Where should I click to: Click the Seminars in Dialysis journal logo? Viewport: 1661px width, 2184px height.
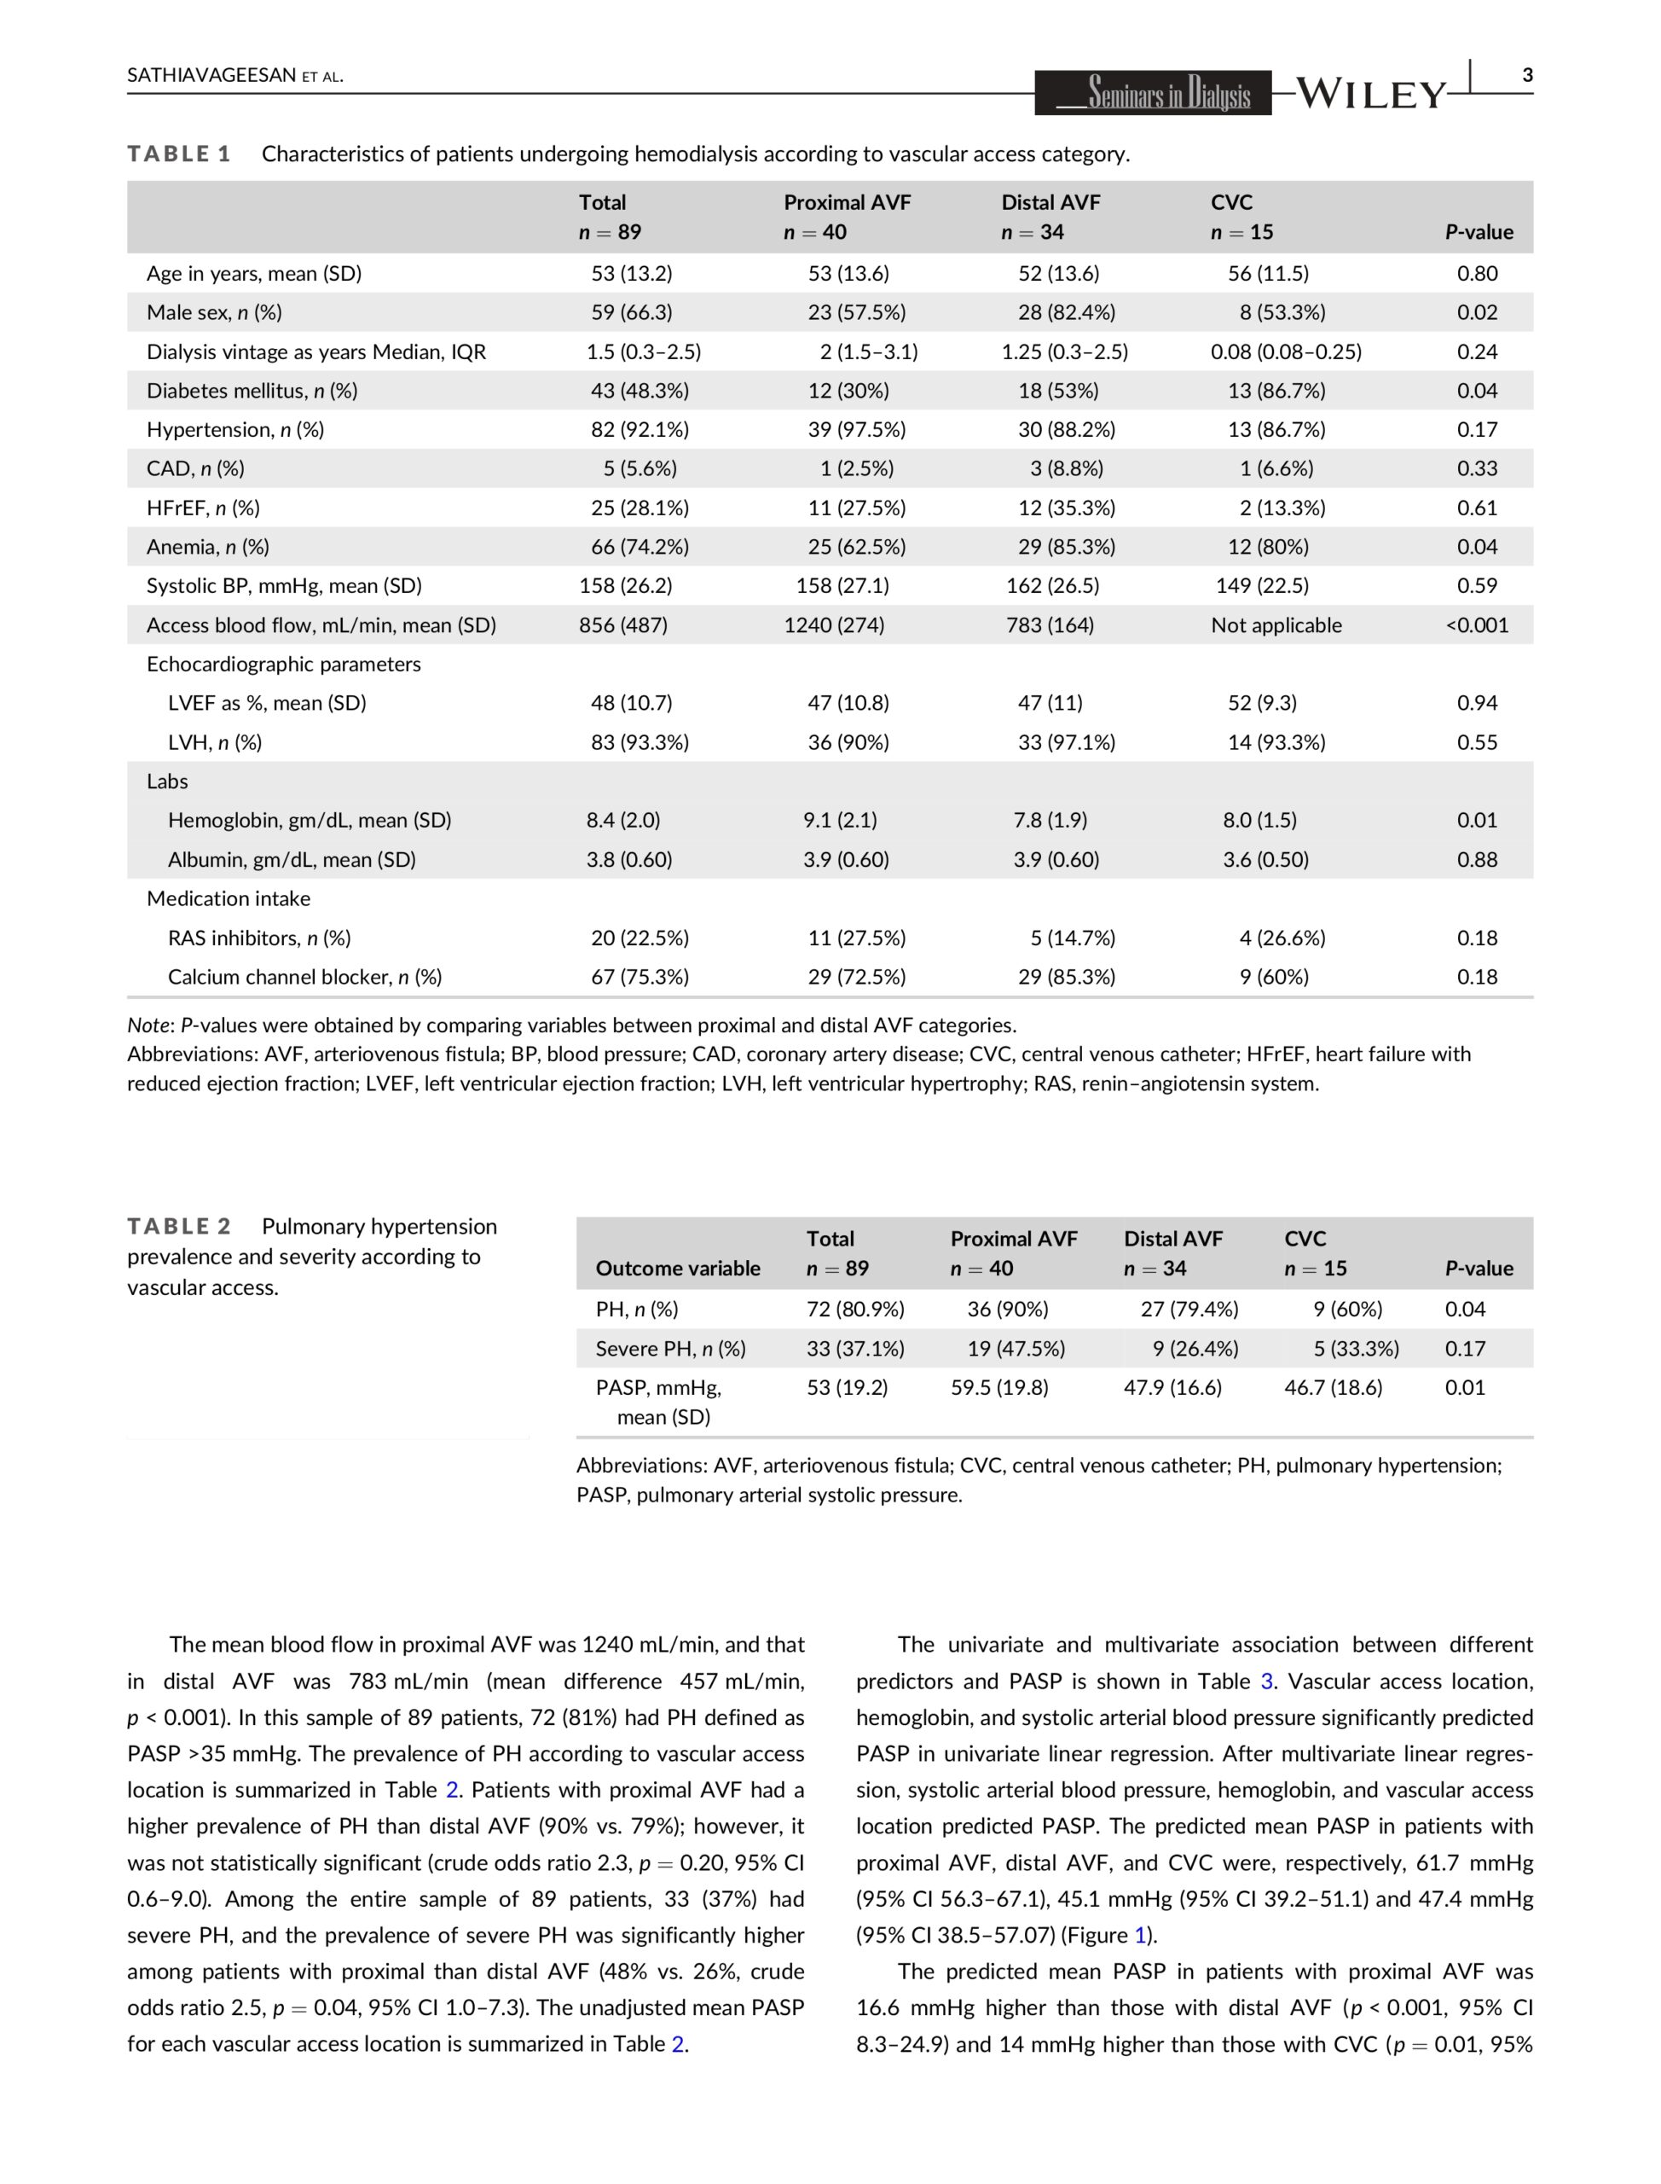(x=1153, y=94)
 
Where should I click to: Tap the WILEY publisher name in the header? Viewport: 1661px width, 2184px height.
(x=1369, y=94)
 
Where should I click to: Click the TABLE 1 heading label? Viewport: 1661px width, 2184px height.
(x=179, y=154)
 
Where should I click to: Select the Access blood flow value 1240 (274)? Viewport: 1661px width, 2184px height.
(x=833, y=625)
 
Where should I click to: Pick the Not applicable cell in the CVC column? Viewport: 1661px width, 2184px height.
(x=1276, y=625)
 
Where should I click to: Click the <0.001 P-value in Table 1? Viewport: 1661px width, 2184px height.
(x=1476, y=625)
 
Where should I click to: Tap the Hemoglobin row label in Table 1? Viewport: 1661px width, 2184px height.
(x=309, y=820)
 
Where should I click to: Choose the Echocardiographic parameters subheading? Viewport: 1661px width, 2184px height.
(x=284, y=664)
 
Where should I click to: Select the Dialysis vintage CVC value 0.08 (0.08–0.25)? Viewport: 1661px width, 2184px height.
(x=1285, y=352)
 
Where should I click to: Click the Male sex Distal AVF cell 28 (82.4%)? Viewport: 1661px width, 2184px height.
(x=1066, y=312)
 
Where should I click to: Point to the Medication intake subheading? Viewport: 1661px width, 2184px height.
(x=229, y=898)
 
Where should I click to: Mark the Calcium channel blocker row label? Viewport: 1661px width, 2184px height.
(x=304, y=978)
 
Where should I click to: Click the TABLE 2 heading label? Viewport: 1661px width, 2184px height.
(x=179, y=1227)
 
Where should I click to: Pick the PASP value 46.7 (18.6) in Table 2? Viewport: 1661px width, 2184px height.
(x=1333, y=1388)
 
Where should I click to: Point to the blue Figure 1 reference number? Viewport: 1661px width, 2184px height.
(x=1139, y=1936)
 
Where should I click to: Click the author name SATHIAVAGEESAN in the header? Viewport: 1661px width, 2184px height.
(x=211, y=76)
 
